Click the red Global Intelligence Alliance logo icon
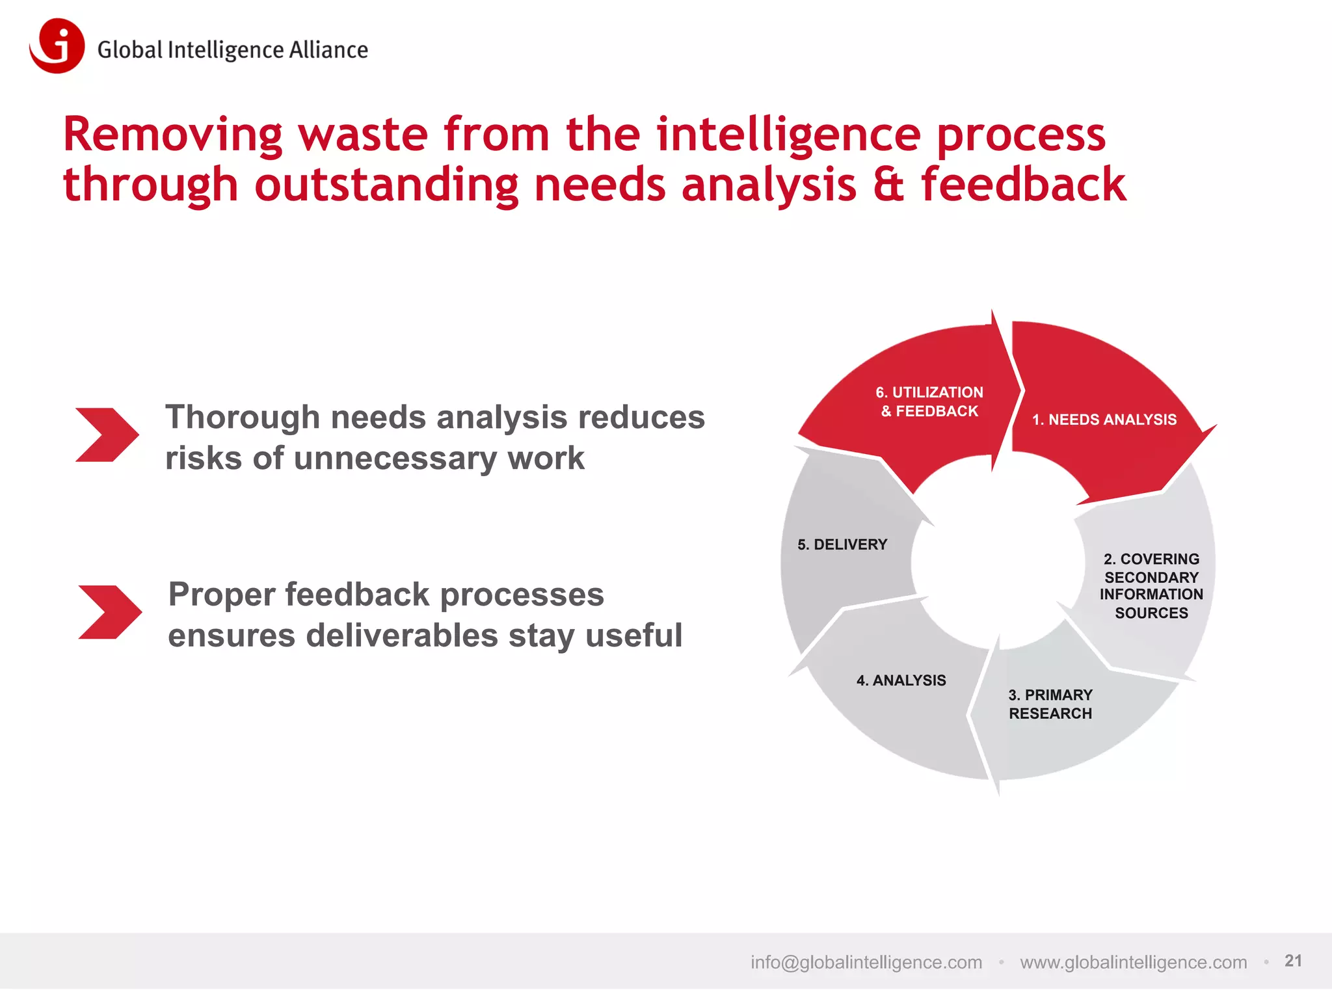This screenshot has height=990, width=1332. pyautogui.click(x=58, y=46)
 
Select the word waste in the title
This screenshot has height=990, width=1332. pyautogui.click(x=363, y=135)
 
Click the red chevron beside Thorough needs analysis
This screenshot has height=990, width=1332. pyautogui.click(x=107, y=435)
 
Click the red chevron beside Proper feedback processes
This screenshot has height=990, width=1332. pyautogui.click(x=109, y=612)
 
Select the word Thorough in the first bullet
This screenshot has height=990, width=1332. pyautogui.click(x=242, y=418)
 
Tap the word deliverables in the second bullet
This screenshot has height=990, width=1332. pyautogui.click(x=402, y=635)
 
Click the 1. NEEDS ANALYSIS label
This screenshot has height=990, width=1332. pyautogui.click(x=1104, y=420)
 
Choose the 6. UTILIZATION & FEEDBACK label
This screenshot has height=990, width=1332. pyautogui.click(x=929, y=402)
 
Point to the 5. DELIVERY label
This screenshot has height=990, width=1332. pyautogui.click(x=842, y=545)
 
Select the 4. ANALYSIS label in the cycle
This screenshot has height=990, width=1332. pyautogui.click(x=901, y=681)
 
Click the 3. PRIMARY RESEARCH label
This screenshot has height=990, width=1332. pyautogui.click(x=1050, y=704)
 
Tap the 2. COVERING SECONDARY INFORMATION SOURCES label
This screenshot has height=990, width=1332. pyautogui.click(x=1151, y=586)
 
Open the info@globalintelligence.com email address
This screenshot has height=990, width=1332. pyautogui.click(x=866, y=963)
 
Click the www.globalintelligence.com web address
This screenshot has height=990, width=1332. pyautogui.click(x=1133, y=963)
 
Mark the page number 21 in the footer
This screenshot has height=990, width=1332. pyautogui.click(x=1293, y=961)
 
